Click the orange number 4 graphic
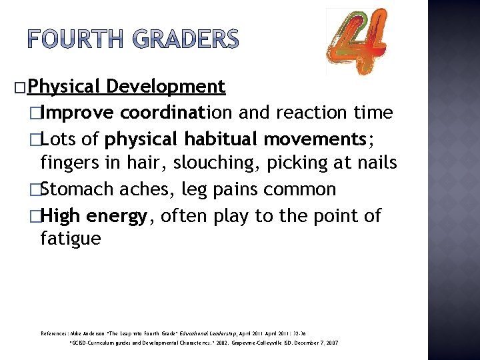coord(357,41)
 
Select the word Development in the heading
coord(165,87)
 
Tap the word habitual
coord(221,139)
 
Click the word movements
coord(313,139)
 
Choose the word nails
coord(373,163)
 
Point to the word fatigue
coord(71,239)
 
